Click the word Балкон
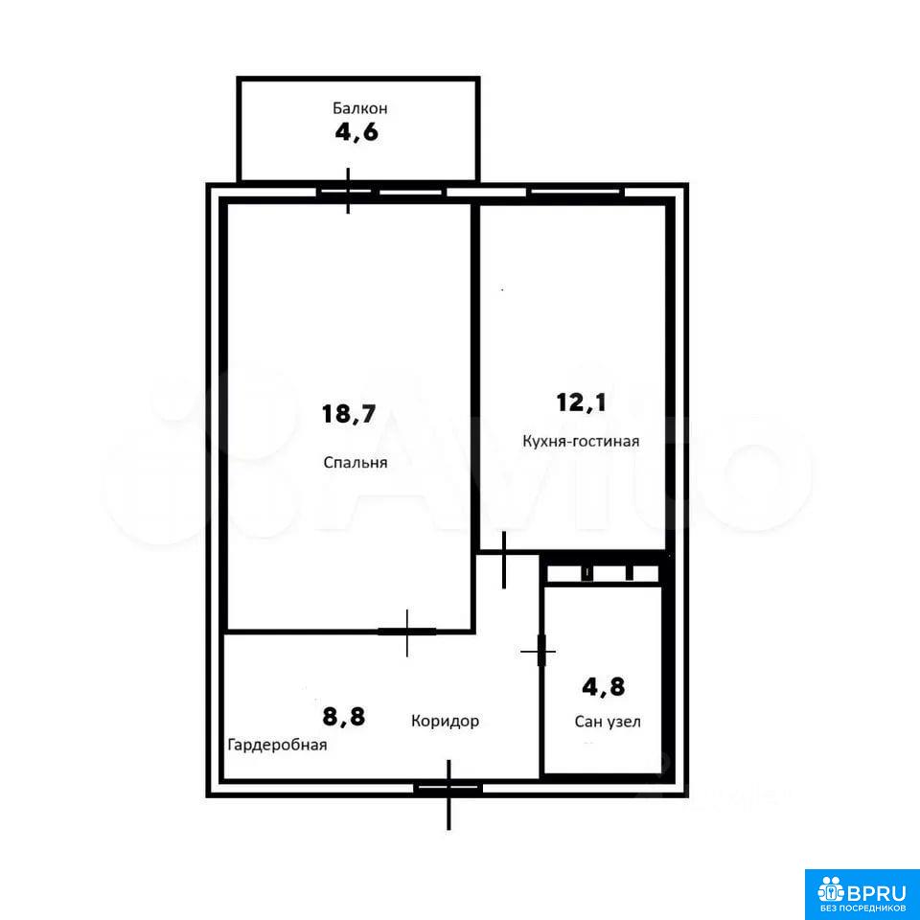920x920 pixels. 359,108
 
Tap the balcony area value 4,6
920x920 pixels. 356,132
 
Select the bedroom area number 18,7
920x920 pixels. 349,414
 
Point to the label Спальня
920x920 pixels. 356,462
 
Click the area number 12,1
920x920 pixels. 581,402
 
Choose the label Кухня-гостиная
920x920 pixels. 581,441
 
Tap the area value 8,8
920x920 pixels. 344,717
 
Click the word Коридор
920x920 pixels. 445,721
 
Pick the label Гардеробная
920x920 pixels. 277,746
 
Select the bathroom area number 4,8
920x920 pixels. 603,686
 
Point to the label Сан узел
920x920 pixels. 608,722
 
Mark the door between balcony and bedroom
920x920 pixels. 348,191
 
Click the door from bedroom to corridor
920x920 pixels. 407,632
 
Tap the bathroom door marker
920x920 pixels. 540,651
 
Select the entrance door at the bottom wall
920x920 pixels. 448,789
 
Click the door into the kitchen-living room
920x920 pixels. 504,560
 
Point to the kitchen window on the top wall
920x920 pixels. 576,192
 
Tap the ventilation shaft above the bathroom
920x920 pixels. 603,573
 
